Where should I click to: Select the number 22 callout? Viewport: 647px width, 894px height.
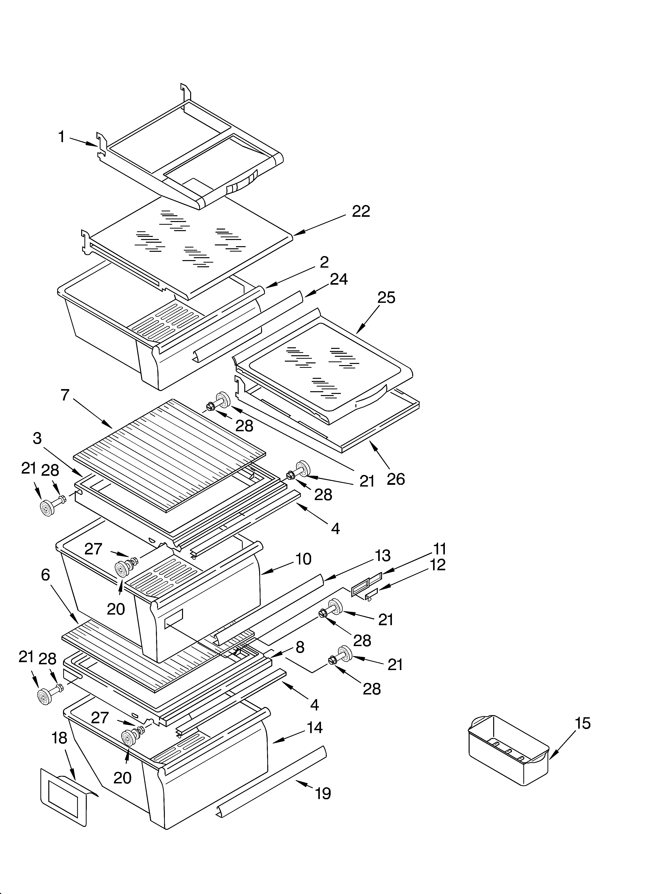pos(361,212)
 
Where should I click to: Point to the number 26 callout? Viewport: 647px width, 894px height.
pos(396,479)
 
